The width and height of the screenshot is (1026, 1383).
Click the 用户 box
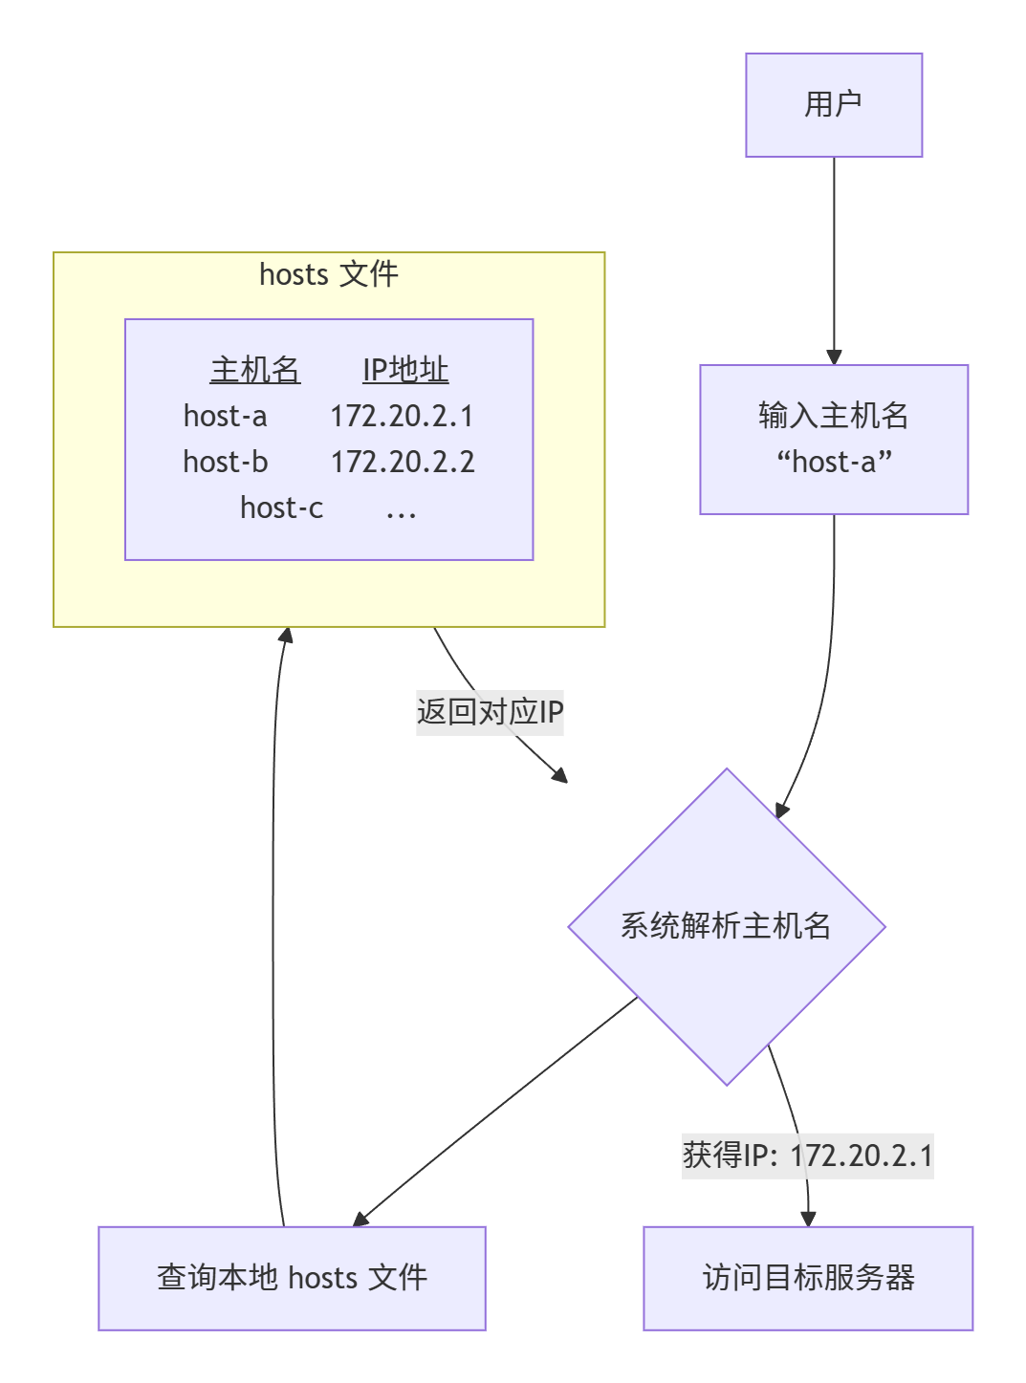tap(834, 105)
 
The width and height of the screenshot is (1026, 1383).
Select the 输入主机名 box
tap(834, 440)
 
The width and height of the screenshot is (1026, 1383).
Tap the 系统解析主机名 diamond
tap(727, 926)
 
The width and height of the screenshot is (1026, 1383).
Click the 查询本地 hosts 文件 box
tap(292, 1278)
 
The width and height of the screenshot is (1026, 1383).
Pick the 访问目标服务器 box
tap(808, 1278)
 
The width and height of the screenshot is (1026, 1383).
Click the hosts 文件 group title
tap(329, 275)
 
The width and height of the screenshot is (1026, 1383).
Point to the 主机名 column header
tap(255, 370)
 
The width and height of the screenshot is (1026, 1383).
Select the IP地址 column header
tap(405, 370)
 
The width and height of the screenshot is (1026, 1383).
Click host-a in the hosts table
tap(226, 416)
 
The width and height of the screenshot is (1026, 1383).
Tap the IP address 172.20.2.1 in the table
tap(402, 416)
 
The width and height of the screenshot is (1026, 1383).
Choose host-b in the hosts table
tap(226, 462)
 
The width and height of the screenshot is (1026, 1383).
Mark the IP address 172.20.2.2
tap(403, 462)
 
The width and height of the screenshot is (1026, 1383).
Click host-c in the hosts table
tap(282, 508)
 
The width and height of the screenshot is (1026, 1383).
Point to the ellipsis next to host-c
tap(401, 511)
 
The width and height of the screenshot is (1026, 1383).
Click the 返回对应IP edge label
tap(490, 712)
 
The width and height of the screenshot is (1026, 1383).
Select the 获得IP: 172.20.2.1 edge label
tap(808, 1156)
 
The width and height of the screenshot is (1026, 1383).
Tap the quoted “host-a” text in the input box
tap(834, 463)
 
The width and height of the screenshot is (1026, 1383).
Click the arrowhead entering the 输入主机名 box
tap(834, 357)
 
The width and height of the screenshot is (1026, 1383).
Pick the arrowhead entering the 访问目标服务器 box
tap(808, 1220)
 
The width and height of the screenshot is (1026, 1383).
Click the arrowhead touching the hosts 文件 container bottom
tap(285, 635)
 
